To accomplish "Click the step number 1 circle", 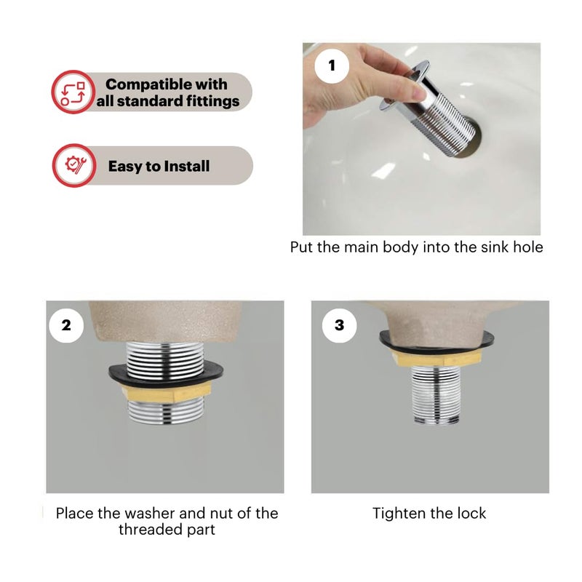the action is point(332,66).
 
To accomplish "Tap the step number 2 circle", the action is point(66,325).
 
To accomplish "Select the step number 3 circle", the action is point(339,325).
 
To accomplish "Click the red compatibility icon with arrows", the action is point(73,92).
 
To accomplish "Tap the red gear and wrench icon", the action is point(74,166).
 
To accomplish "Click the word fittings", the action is point(212,101).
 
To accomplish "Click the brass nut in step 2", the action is point(167,392).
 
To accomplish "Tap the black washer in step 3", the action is point(436,341).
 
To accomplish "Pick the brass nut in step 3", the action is point(436,359).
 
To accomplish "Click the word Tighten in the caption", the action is point(399,514).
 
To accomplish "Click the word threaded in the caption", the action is point(151,530).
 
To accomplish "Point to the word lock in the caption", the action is point(471,514).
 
